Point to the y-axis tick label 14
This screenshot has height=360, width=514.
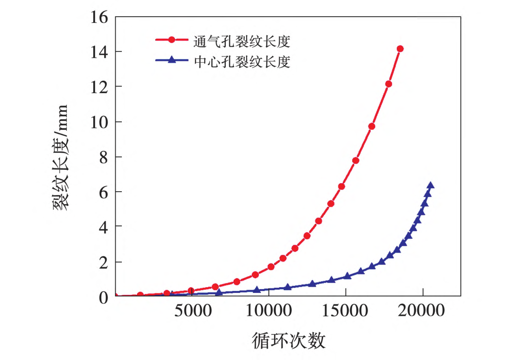click(x=98, y=52)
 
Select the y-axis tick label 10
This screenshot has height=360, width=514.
click(x=98, y=122)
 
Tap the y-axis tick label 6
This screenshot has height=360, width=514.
click(x=102, y=192)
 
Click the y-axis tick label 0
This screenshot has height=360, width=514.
click(x=102, y=297)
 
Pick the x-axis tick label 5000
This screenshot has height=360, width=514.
click(x=192, y=311)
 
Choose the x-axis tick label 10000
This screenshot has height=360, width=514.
click(x=269, y=311)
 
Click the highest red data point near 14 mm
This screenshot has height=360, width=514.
click(x=400, y=49)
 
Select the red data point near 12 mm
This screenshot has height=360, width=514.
click(x=388, y=84)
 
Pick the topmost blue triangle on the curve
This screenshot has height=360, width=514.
click(x=430, y=185)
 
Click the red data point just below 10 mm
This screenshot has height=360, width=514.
click(x=372, y=126)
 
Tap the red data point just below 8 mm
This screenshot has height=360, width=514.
click(x=356, y=160)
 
